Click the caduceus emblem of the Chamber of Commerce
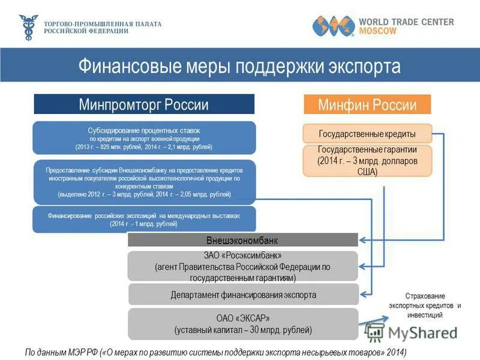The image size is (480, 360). [x=28, y=27]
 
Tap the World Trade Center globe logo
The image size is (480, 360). [x=332, y=26]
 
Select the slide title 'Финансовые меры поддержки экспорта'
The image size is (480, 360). [x=239, y=65]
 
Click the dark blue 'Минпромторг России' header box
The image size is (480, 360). [x=144, y=104]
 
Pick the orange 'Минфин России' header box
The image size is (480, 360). [x=367, y=105]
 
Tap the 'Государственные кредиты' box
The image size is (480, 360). [x=367, y=134]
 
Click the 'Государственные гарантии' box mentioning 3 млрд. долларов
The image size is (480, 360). [x=367, y=160]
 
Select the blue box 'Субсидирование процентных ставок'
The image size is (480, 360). [x=144, y=138]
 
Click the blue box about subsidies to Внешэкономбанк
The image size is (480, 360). [x=144, y=182]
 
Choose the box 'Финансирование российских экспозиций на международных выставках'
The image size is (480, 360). [x=144, y=219]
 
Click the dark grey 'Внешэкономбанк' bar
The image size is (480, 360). [x=242, y=240]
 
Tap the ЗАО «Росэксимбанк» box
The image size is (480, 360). [x=242, y=266]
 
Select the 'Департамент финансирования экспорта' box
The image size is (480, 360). [x=242, y=295]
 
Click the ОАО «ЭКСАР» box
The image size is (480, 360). [x=242, y=324]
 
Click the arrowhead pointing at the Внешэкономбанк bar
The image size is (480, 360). [x=362, y=241]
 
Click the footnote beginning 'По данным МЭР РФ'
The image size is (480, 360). [x=215, y=352]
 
